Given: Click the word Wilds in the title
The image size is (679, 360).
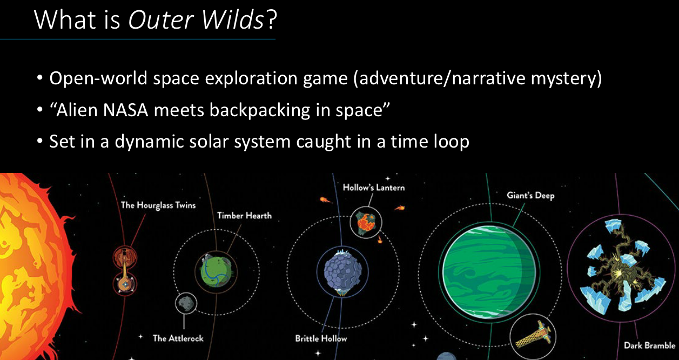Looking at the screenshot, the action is pos(232,19).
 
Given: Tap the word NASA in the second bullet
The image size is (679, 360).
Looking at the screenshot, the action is pos(125,110).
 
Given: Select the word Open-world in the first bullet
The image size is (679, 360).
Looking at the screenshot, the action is pos(98,78).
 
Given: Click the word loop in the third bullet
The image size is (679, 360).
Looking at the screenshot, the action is pos(452,142).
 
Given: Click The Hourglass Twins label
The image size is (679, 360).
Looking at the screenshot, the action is pos(158,205).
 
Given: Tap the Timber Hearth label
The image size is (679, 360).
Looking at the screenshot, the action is pos(244,216).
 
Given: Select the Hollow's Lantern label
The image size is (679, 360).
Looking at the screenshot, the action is pos(374,188).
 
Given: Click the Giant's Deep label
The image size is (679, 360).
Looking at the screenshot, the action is pos(530,196).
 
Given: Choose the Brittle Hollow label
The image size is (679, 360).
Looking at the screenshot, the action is pos(321,338).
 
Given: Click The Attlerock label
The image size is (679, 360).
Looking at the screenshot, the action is pos(178,338).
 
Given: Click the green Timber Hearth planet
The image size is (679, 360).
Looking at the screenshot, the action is pos(216,272).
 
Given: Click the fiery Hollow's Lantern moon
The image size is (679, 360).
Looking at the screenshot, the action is pos(366,223).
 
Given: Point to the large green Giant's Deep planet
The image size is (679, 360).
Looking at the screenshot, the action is pos(489,272).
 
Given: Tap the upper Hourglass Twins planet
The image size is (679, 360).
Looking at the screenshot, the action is pos(125,257).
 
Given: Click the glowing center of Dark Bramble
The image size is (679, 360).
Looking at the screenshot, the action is pos(619,271).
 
